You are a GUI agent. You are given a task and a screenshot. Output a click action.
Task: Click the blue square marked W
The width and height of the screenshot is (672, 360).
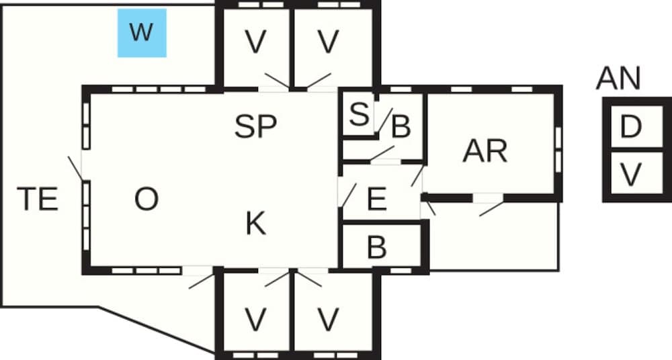pyautogui.click(x=141, y=33)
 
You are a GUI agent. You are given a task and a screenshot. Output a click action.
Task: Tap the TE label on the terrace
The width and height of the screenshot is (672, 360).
pyautogui.click(x=38, y=199)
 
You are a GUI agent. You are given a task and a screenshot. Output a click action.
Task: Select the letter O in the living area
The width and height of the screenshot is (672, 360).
pyautogui.click(x=146, y=199)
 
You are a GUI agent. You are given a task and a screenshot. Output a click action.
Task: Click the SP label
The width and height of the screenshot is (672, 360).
pyautogui.click(x=256, y=126)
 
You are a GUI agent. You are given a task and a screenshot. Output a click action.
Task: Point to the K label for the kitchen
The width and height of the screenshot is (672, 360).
pyautogui.click(x=255, y=224)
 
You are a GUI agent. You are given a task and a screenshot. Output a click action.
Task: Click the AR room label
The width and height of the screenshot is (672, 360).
pyautogui.click(x=485, y=152)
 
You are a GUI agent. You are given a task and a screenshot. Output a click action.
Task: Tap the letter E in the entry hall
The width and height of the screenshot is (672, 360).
pyautogui.click(x=377, y=199)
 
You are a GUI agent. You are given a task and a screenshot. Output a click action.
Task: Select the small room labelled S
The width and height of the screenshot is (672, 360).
pyautogui.click(x=360, y=115)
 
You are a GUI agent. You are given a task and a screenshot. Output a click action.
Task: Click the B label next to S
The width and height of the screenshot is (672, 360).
pyautogui.click(x=401, y=127)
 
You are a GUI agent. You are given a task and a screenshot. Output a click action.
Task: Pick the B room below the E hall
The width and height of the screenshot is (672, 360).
pyautogui.click(x=377, y=247)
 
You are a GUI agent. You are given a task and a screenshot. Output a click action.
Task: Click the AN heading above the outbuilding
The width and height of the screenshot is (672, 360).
pyautogui.click(x=618, y=79)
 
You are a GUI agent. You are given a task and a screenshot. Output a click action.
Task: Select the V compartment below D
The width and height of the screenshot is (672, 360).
pyautogui.click(x=630, y=175)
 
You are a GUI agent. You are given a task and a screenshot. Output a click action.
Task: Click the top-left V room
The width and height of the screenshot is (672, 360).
pyautogui.click(x=255, y=43)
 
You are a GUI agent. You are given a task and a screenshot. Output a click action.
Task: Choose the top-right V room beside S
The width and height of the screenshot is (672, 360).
pyautogui.click(x=327, y=43)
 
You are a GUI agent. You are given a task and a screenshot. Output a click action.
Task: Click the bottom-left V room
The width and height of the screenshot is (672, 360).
pyautogui.click(x=255, y=320)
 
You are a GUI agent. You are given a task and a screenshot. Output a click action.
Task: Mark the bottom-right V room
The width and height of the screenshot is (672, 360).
pyautogui.click(x=327, y=320)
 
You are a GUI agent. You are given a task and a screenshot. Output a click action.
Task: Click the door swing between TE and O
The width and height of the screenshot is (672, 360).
pyautogui.click(x=76, y=169)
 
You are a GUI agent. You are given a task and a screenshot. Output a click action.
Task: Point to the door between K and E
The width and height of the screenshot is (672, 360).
pyautogui.click(x=347, y=195)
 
